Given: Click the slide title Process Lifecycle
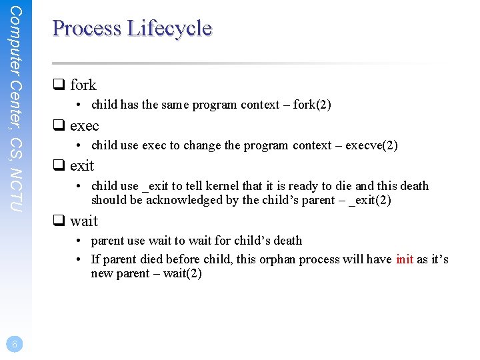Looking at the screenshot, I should (132, 29).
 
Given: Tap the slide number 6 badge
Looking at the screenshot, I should (15, 343).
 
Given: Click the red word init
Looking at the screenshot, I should (404, 259).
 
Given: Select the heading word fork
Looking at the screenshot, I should (83, 85).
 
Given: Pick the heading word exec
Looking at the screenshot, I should (84, 125).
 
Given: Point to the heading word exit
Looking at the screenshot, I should (82, 166).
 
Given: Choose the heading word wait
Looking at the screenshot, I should (83, 221).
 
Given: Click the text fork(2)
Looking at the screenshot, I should (313, 105).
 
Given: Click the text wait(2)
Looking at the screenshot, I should (180, 274).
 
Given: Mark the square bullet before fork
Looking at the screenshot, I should (58, 85).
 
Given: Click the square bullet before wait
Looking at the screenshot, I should (58, 221).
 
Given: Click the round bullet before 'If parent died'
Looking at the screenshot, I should (79, 259).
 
